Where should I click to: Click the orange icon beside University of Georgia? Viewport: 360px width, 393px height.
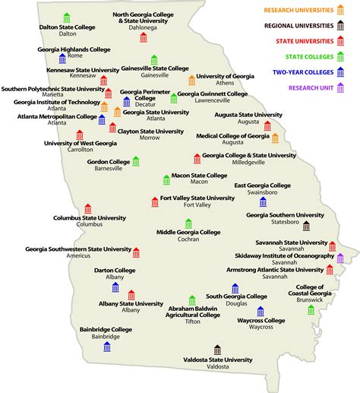191,80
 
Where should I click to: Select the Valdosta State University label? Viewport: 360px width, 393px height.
217,360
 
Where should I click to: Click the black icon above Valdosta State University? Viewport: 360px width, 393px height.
217,349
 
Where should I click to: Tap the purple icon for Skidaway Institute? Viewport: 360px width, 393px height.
340,258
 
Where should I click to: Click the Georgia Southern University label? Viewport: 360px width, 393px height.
283,215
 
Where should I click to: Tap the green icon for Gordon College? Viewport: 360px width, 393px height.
136,160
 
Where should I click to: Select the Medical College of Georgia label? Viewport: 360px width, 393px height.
232,136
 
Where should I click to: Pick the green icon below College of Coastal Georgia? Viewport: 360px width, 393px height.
311,309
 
